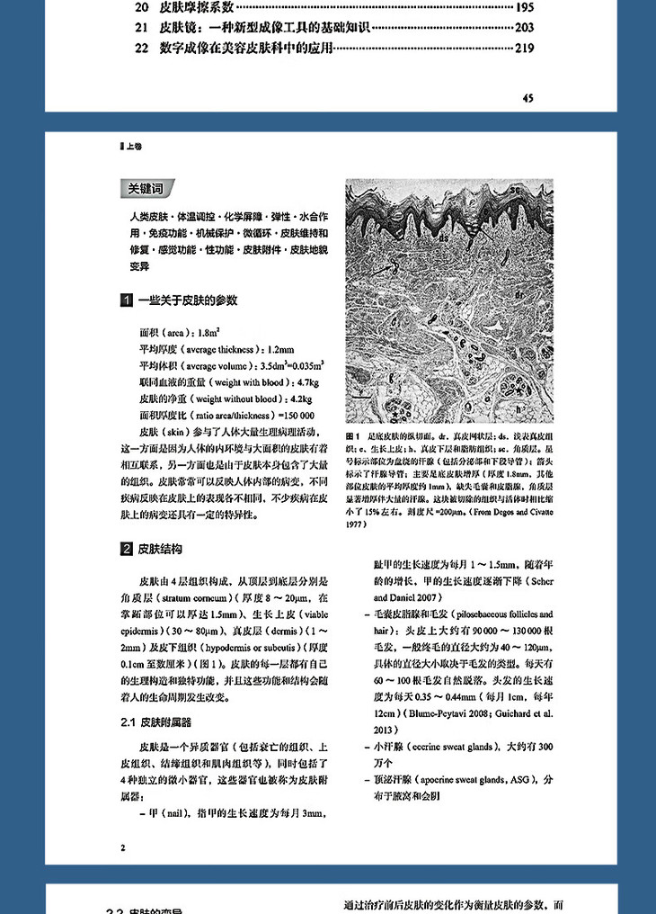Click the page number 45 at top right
(x=527, y=97)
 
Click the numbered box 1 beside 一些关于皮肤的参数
(x=127, y=300)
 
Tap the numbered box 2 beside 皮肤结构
(x=127, y=549)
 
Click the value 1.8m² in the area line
(x=206, y=332)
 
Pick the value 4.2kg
(x=296, y=398)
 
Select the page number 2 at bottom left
(x=122, y=847)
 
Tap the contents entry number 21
(x=141, y=28)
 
